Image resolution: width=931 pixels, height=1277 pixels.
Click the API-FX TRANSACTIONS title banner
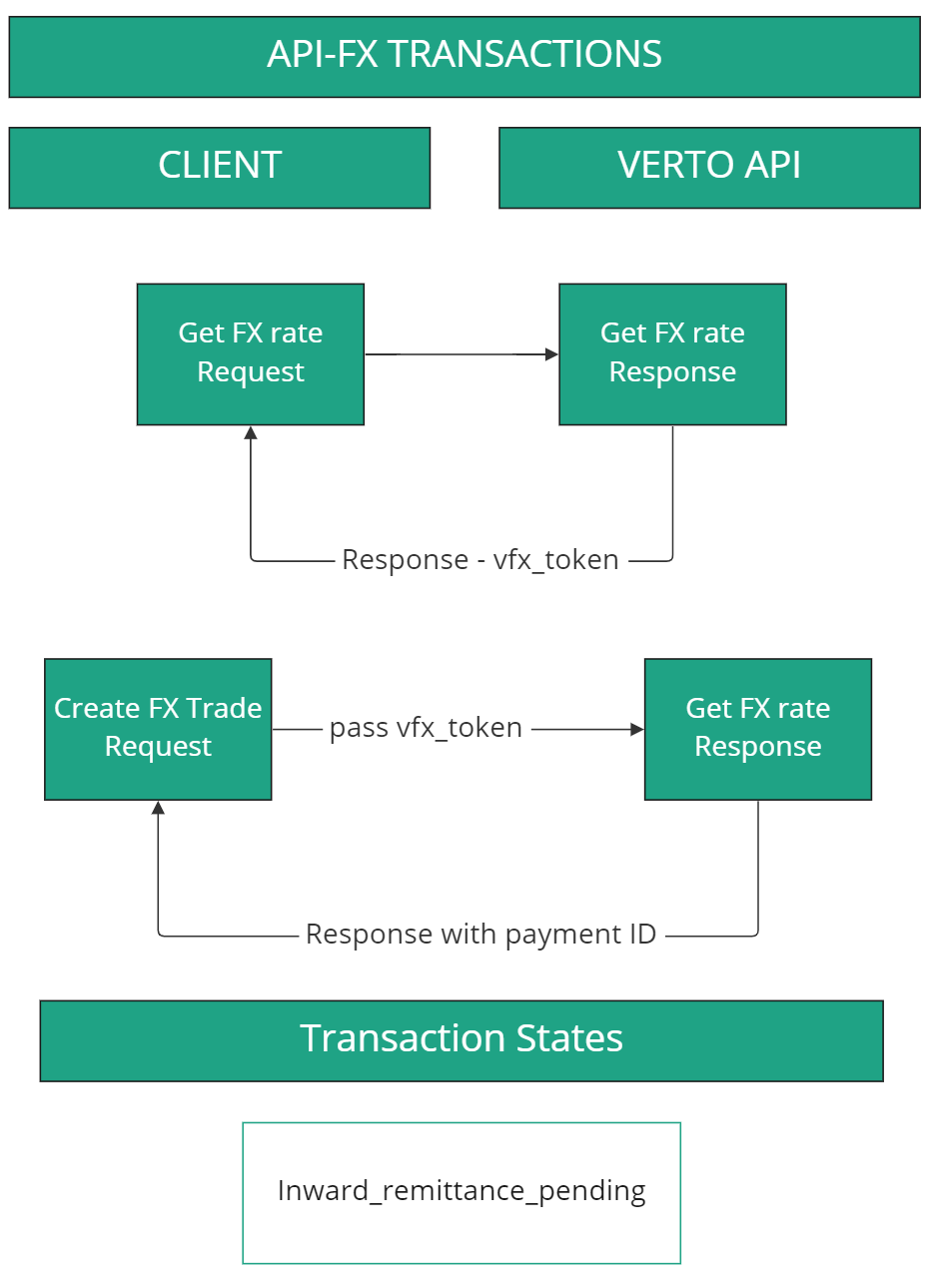pos(465,56)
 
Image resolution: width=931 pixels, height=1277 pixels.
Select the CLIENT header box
pos(220,167)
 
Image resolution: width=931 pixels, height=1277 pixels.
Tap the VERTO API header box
pos(709,167)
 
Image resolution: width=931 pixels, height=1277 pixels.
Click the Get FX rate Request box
pos(251,353)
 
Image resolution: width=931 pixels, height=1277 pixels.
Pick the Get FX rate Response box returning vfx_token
pos(672,353)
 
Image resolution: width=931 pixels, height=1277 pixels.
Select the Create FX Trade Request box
pos(158,728)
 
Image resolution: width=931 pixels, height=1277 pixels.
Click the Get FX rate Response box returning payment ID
pos(757,728)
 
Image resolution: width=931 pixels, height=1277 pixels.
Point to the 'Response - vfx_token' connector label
pos(480,560)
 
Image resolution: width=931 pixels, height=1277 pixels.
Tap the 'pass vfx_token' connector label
pos(426,728)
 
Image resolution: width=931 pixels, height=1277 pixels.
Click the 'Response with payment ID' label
pos(480,935)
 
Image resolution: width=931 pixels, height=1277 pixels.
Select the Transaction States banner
pos(462,1039)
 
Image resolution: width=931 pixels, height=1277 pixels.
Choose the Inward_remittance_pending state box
pos(462,1192)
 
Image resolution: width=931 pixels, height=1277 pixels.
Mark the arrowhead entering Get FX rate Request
pos(251,433)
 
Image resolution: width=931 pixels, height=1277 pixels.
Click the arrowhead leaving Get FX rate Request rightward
pos(551,353)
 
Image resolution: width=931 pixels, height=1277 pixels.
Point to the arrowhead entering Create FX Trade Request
pos(158,808)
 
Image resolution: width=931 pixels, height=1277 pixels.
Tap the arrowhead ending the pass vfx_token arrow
pos(637,729)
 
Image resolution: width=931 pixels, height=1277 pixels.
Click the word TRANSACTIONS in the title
pos(524,54)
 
